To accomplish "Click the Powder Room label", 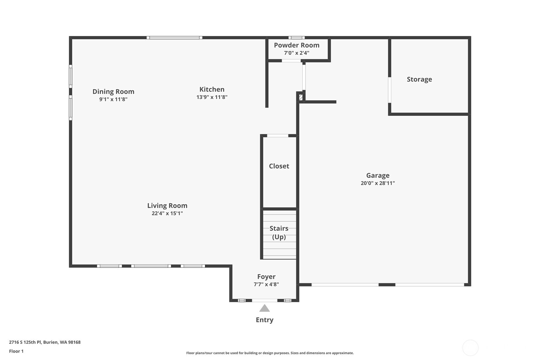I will [296, 45].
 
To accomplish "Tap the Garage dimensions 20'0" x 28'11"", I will [378, 183].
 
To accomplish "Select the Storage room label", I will [419, 79].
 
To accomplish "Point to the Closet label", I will [279, 166].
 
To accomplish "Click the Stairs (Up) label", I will [279, 232].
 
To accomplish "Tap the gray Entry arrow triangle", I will [264, 308].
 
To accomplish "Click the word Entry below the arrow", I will [264, 320].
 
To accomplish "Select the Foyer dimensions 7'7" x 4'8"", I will [266, 284].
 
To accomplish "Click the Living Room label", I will [167, 206].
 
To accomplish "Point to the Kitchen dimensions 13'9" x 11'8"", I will [212, 97].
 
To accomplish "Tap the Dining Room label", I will [113, 92].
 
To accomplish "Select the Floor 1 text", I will [16, 351].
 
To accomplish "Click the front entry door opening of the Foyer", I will [264, 300].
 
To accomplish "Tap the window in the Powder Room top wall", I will [296, 38].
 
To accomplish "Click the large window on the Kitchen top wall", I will [174, 38].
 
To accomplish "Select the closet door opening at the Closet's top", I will [277, 136].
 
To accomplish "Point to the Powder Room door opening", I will [291, 61].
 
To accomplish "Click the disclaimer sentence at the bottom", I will [270, 353].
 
